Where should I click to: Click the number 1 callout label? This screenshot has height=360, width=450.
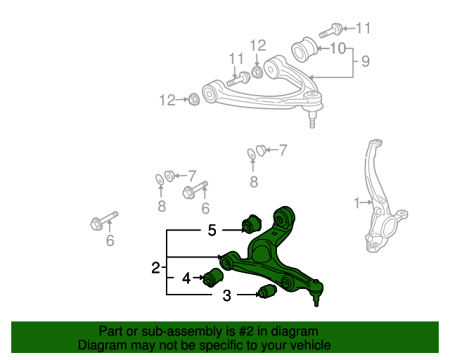[356, 203]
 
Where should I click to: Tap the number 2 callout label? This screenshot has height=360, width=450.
[155, 267]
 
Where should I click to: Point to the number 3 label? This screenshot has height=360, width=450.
[226, 296]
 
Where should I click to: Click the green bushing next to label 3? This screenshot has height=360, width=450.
[265, 292]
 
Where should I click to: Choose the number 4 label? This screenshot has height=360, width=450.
[186, 278]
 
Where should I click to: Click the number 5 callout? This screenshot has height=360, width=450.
[212, 230]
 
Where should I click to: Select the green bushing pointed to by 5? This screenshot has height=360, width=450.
[250, 224]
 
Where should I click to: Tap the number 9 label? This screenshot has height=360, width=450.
[365, 62]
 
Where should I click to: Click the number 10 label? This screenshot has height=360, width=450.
[337, 49]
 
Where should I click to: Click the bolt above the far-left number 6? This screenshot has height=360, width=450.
[103, 221]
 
